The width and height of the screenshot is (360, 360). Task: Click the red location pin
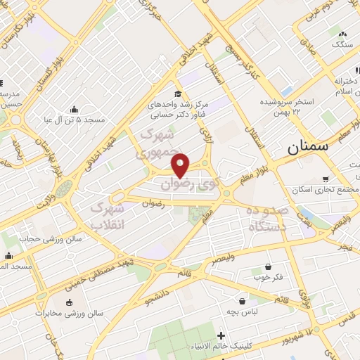pyautogui.click(x=181, y=165)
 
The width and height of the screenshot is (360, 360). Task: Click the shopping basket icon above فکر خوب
pyautogui.click(x=269, y=266)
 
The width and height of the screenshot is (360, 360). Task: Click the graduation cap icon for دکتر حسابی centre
pyautogui.click(x=178, y=94)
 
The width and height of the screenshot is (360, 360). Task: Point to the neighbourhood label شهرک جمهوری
pyautogui.click(x=157, y=142)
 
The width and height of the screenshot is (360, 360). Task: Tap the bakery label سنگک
pyautogui.click(x=343, y=44)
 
